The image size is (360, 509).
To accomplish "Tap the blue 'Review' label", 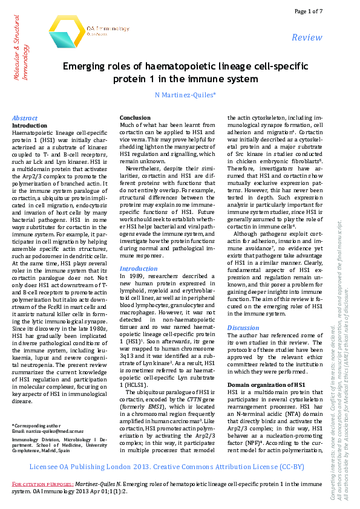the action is point(307,37).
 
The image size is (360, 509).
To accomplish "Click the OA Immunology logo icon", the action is point(66,31).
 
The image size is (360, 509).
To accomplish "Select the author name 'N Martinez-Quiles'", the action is point(182,95).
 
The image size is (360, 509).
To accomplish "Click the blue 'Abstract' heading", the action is point(25,118).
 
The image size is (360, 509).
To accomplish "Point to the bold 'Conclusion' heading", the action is point(135,118).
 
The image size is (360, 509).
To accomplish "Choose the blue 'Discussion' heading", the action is point(243,328).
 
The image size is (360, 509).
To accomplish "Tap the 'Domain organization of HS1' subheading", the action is point(266,385).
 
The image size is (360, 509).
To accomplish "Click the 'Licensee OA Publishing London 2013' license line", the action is point(166,467).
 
